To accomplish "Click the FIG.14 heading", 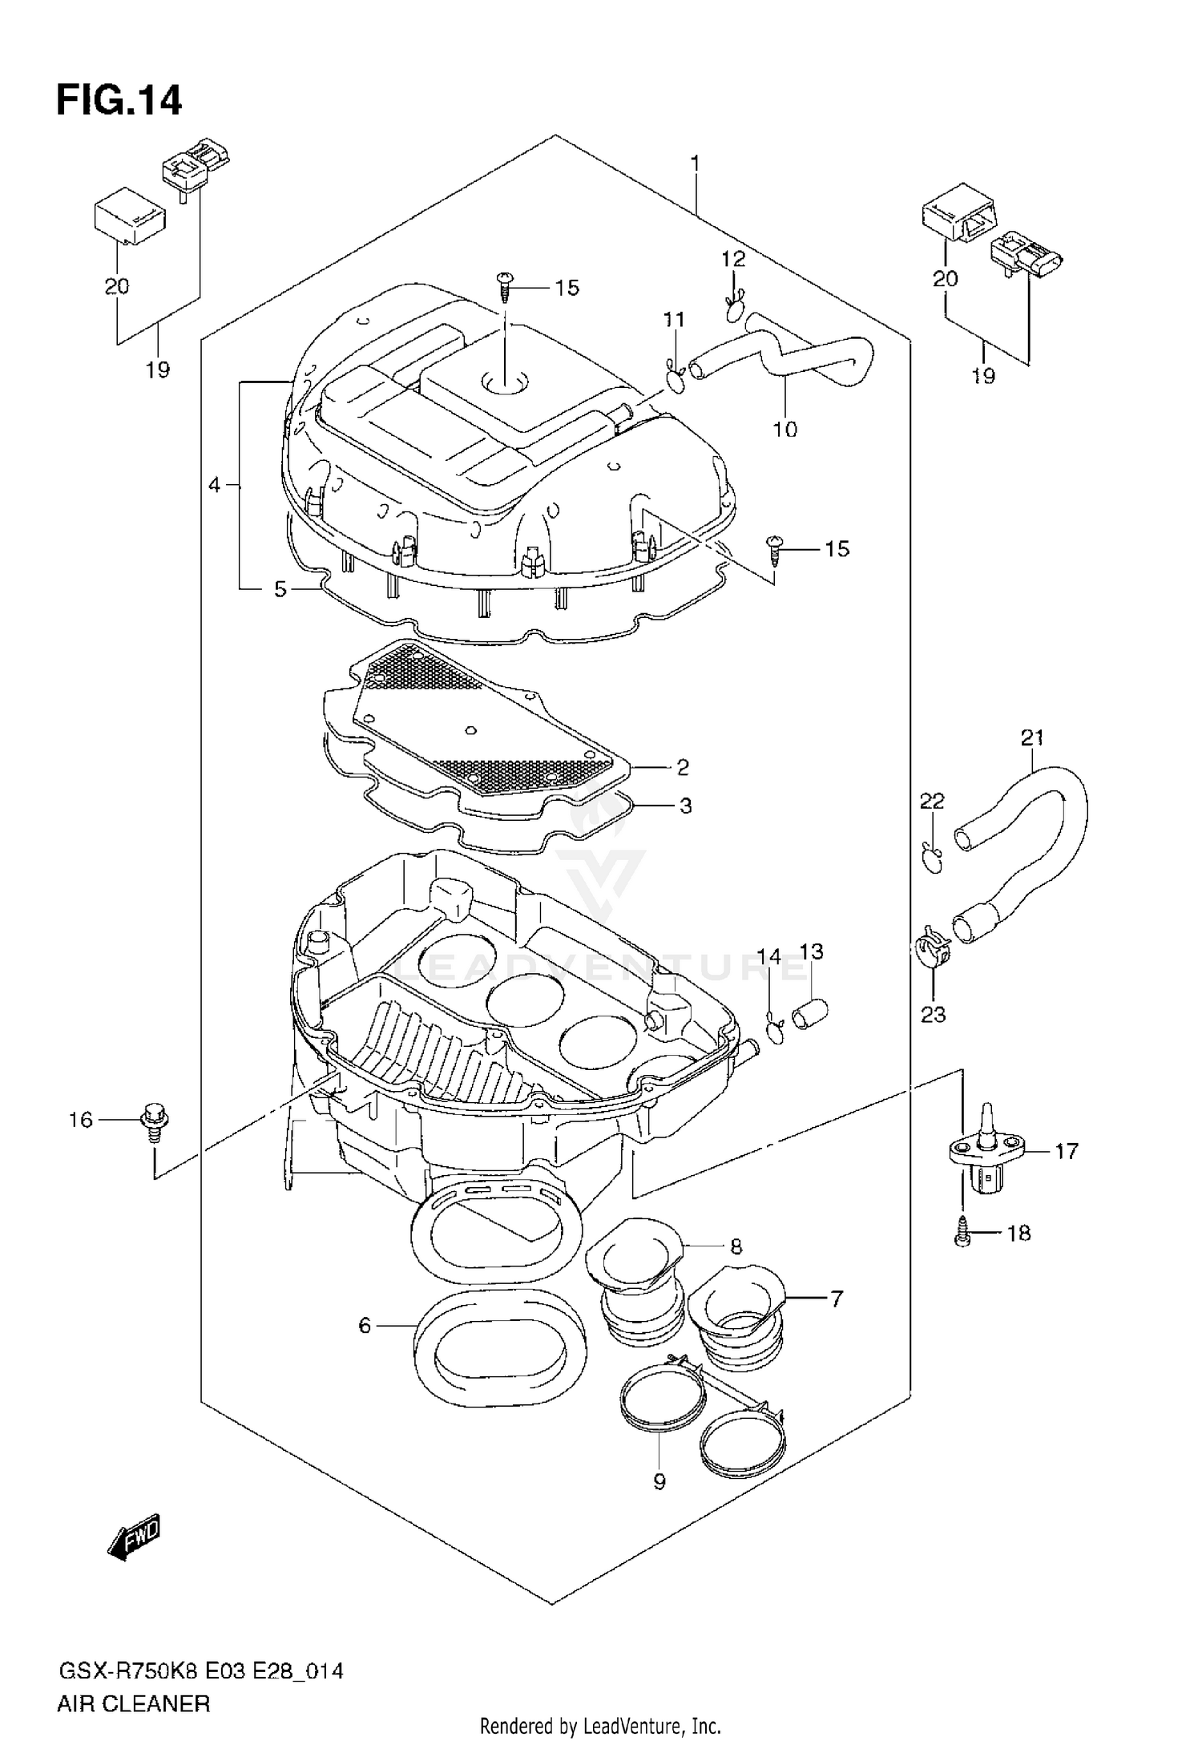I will (119, 102).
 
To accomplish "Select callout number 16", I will (80, 1120).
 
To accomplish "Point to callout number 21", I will (1032, 737).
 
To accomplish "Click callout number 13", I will (811, 951).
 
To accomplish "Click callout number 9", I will (659, 1482).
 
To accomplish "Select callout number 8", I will (735, 1246).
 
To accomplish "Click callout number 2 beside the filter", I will (682, 768).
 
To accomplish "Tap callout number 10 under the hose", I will (785, 429).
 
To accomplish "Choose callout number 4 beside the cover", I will (214, 485).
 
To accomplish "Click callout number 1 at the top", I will (695, 164).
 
